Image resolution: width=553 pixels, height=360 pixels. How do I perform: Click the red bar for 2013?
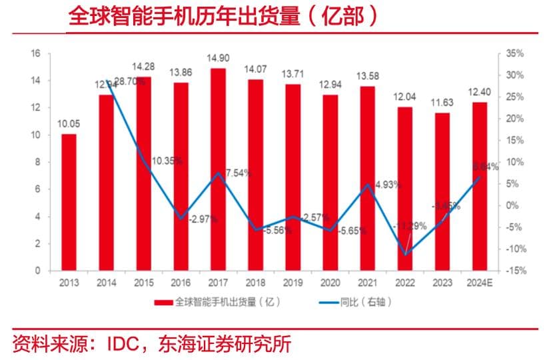(68, 203)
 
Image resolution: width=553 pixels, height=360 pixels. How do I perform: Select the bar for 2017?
(218, 169)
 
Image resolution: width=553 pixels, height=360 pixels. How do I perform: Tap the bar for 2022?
(404, 189)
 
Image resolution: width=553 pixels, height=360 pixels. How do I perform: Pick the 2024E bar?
(479, 187)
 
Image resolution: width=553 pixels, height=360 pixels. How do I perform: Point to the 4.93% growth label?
(386, 185)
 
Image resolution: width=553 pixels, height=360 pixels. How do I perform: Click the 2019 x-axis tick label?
(292, 283)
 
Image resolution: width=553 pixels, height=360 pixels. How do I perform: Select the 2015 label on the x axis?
(143, 283)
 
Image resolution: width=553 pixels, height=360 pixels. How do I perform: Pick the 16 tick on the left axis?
(37, 53)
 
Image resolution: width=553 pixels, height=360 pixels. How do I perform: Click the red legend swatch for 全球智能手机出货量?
(164, 303)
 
